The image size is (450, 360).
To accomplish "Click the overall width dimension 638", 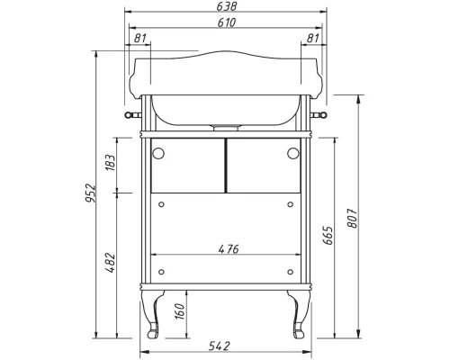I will pos(225,6).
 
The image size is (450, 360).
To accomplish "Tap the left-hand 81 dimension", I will pos(140,37).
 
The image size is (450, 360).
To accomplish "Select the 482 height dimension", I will pos(110,262).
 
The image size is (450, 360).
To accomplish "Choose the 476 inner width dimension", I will pos(227,249).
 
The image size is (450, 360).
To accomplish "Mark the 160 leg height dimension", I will pos(179,310).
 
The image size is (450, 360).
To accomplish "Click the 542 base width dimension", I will pos(225,346).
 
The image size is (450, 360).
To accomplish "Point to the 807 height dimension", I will pos(353,216).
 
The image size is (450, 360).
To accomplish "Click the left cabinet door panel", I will pos(187,166).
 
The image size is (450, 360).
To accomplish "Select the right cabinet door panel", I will pos(262,166).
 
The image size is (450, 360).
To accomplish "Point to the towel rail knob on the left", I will pos(129,116).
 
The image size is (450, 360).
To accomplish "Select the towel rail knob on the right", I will pos(321,116).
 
